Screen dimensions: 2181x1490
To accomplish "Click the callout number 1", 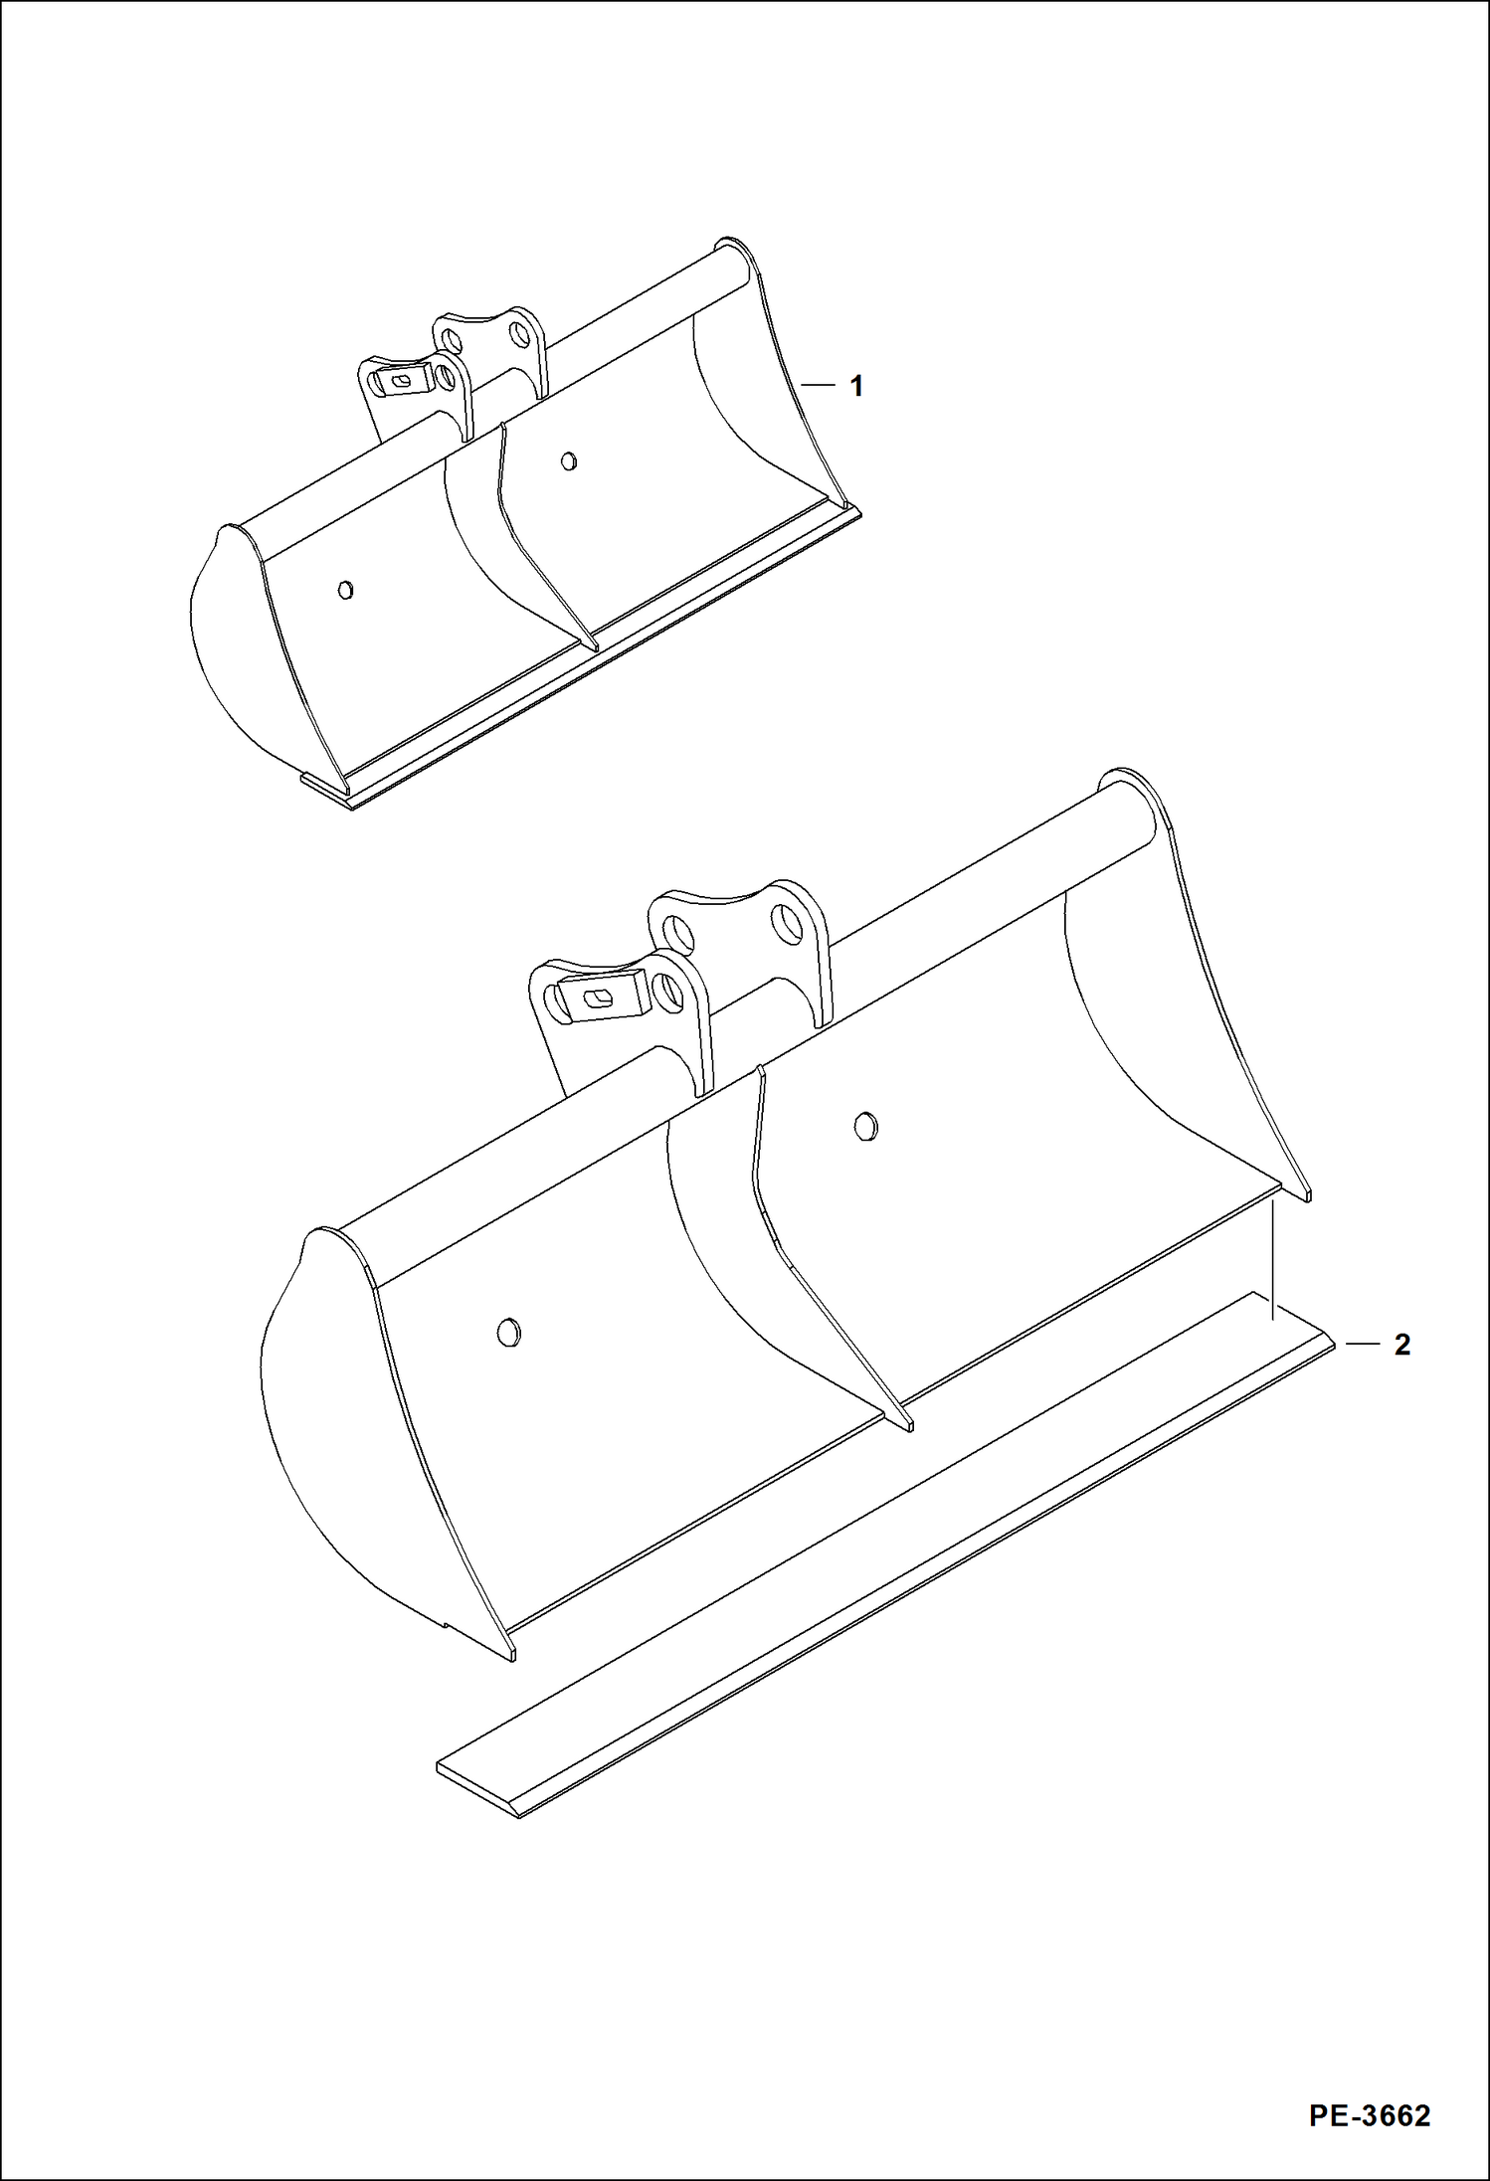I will (856, 386).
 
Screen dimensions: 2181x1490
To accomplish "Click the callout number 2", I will (1401, 1345).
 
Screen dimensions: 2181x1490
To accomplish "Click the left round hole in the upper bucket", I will (345, 590).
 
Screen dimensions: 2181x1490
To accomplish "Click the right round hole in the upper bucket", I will (568, 460).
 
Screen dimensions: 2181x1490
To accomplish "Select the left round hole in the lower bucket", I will (508, 1333).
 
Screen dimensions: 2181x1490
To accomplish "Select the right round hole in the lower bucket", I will (866, 1126).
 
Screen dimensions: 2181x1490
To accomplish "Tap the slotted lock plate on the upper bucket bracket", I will (402, 380).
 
